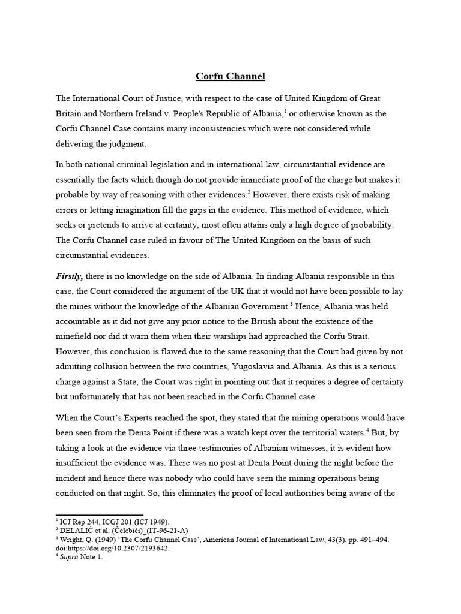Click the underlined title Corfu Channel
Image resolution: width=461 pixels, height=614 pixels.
230,76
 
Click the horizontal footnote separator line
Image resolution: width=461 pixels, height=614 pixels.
100,514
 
